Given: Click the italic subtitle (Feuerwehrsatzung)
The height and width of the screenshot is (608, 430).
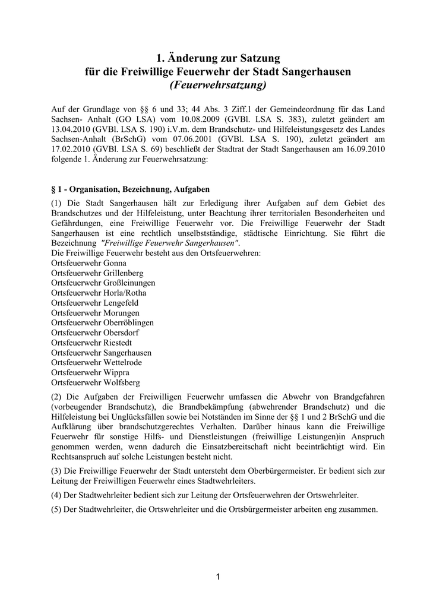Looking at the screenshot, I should tap(219, 85).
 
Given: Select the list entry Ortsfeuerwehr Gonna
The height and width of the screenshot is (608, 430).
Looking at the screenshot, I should tap(88, 263).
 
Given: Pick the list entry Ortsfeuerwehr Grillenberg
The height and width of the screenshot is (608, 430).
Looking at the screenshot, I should tap(97, 273).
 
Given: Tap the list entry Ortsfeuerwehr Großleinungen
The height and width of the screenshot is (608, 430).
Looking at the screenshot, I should tap(103, 283).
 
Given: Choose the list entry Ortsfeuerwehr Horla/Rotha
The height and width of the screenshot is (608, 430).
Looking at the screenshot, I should tap(99, 293).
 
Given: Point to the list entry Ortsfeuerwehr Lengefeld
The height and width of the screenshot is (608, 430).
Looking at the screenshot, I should tap(95, 303).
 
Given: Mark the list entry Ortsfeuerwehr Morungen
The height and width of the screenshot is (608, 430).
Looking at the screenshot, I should tap(96, 313).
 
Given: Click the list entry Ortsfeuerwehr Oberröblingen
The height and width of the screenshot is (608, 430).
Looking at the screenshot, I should tap(102, 323).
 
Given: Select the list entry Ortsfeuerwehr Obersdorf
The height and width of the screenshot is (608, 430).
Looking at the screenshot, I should tap(95, 333).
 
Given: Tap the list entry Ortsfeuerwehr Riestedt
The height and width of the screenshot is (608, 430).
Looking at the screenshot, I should tap(91, 343).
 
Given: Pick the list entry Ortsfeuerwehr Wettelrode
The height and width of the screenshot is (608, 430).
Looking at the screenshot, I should tap(96, 363).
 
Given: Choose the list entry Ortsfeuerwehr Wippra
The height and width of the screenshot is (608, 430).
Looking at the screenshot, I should tap(90, 373).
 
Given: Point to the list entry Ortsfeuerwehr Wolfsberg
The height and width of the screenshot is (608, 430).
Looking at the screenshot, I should tap(96, 383).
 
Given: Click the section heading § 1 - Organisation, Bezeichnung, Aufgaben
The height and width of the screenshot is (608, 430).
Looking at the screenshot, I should tap(131, 190).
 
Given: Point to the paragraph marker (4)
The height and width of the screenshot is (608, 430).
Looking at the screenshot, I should tap(58, 495).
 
